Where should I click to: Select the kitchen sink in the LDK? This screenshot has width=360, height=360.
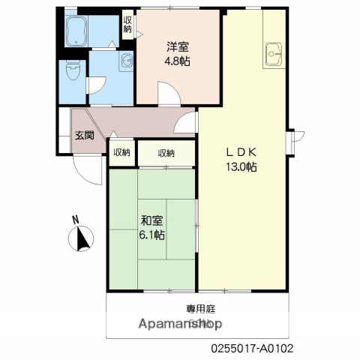(x=273, y=52)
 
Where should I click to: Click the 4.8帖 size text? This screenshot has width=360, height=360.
(x=178, y=60)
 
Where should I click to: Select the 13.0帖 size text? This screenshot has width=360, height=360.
(x=241, y=167)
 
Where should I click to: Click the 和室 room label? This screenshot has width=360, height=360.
(x=152, y=220)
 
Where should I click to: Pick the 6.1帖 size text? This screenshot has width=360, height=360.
(x=152, y=234)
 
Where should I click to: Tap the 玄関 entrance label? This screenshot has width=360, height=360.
(x=83, y=136)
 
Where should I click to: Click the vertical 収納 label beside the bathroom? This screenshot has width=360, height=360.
(x=127, y=25)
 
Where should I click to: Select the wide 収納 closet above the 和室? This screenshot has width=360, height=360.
(x=166, y=153)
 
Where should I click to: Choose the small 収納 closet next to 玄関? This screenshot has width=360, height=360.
(x=121, y=153)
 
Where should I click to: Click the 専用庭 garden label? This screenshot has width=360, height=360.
(x=199, y=309)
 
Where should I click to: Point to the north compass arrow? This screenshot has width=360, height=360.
(x=79, y=238)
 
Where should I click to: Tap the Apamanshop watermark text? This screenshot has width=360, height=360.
(x=181, y=325)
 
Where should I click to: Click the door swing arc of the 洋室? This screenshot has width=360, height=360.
(x=169, y=93)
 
